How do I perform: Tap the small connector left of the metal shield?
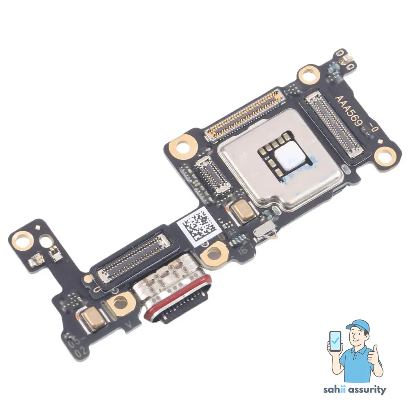[x=212, y=174]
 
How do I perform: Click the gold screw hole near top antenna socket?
[x=308, y=75]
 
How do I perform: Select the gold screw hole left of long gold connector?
[x=180, y=146]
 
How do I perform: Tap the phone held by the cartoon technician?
[x=335, y=342]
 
